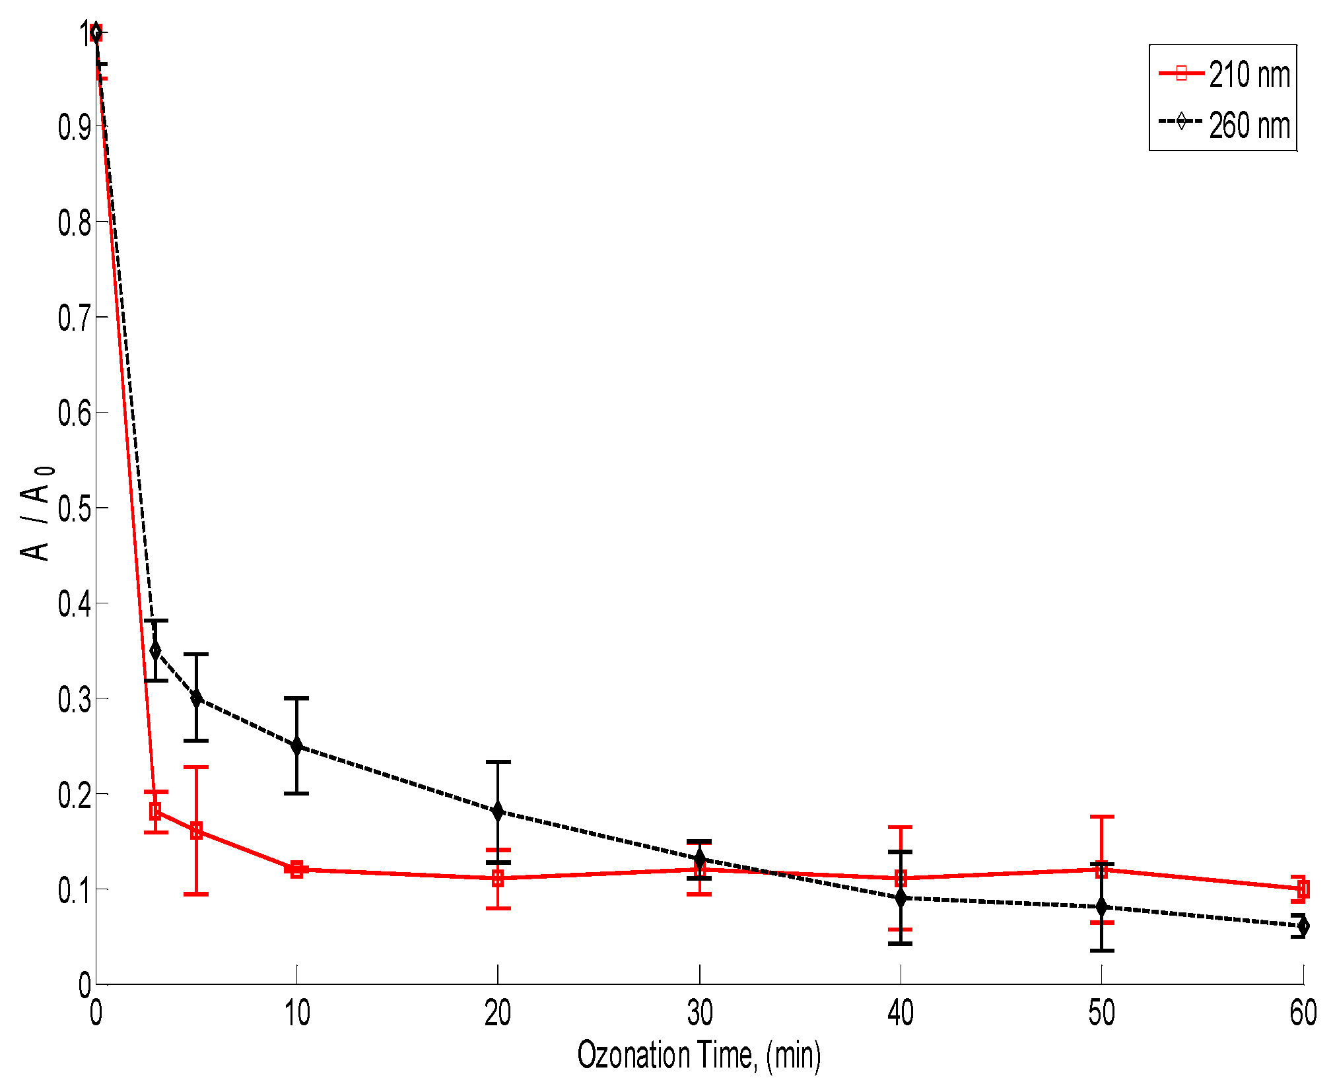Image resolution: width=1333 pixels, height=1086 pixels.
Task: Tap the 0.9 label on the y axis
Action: click(x=74, y=127)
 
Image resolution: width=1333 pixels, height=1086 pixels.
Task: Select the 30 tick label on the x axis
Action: click(x=699, y=1013)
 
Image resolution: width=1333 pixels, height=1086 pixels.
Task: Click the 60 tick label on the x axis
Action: click(x=1303, y=1013)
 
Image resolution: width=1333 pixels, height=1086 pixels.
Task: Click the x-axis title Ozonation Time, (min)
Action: click(x=699, y=1054)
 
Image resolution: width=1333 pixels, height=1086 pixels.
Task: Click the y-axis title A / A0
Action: click(x=36, y=514)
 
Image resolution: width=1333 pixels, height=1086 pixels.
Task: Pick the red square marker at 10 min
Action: click(x=296, y=869)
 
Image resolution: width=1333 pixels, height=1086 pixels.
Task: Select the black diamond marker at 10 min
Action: click(x=296, y=746)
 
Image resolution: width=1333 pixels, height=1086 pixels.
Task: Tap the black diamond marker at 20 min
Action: click(x=498, y=811)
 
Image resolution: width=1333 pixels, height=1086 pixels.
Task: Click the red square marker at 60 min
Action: click(x=1302, y=889)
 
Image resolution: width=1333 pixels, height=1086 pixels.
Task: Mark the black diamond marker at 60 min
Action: click(x=1302, y=926)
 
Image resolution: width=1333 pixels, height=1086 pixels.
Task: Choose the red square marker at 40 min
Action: click(x=901, y=878)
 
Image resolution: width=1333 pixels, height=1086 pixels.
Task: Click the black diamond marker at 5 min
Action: click(x=196, y=698)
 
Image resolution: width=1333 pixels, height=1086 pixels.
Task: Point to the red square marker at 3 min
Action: click(x=155, y=811)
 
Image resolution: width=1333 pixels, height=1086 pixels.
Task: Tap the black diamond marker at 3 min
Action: click(x=155, y=650)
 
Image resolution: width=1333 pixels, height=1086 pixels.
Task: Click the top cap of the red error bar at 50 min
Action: click(x=1101, y=817)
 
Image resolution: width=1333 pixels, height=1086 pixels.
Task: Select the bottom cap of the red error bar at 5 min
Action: click(x=196, y=894)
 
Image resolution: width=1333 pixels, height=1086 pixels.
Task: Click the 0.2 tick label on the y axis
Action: click(x=74, y=794)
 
